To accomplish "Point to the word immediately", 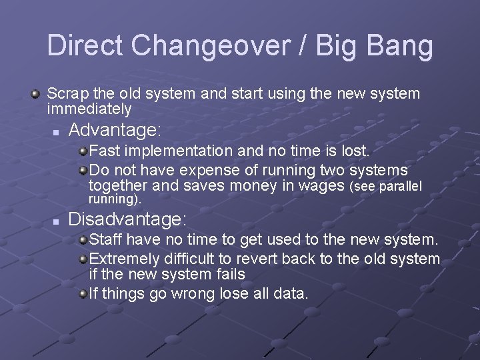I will coord(89,109).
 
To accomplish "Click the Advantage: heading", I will coord(115,129).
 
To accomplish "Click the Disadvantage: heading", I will coord(128,219).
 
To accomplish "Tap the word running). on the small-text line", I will coord(115,199).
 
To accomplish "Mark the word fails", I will coord(229,274).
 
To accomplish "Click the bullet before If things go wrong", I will coord(83,294).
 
